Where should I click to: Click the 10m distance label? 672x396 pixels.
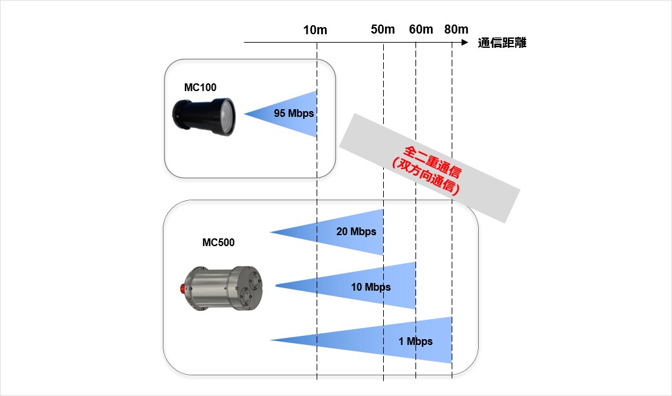pos(315,30)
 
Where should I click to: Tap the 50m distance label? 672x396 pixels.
pos(383,29)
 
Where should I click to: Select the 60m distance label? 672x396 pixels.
pos(421,29)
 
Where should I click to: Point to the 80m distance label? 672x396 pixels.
pos(456,29)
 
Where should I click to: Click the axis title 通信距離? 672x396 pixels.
pos(502,43)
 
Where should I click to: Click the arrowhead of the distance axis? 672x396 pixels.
pos(465,43)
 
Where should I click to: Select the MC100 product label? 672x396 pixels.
pos(200,87)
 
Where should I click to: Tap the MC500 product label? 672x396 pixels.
pos(218,242)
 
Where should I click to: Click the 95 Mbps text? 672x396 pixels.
pos(294,114)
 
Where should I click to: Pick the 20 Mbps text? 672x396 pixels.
pos(356,231)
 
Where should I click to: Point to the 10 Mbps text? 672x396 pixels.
pos(371,287)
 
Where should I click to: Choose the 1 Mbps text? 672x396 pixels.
pos(415,341)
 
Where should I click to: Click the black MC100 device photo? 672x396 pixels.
pos(204,116)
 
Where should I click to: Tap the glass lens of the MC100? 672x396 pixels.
pos(227,116)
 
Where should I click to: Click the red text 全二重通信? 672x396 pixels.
pos(433,162)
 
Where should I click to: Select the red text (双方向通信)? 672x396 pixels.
pos(426,177)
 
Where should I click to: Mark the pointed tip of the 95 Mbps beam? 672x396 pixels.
pos(244,114)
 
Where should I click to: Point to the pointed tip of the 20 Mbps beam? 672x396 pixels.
pos(271,233)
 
